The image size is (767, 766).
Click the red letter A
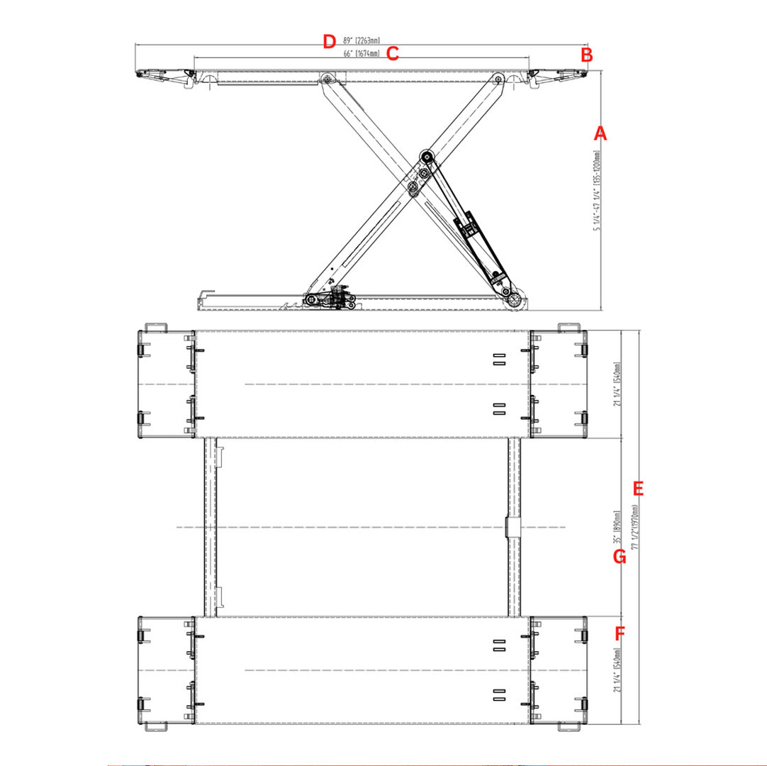pyautogui.click(x=600, y=133)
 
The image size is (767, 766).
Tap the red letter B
pyautogui.click(x=586, y=55)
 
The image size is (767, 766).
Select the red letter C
pyautogui.click(x=393, y=53)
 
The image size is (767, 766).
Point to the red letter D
pyautogui.click(x=328, y=41)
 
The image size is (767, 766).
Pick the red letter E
pyautogui.click(x=637, y=489)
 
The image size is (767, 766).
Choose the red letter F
pyautogui.click(x=620, y=633)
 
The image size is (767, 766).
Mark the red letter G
pyautogui.click(x=620, y=557)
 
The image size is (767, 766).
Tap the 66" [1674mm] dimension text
pyautogui.click(x=361, y=53)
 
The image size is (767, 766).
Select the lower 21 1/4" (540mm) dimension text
pyautogui.click(x=617, y=670)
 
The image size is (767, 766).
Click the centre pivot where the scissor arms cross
pyautogui.click(x=413, y=186)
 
